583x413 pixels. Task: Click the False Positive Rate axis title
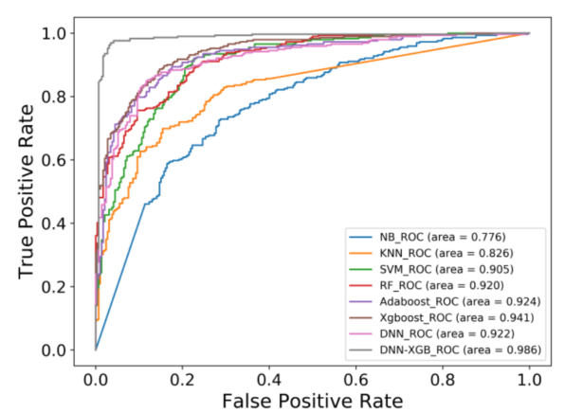pyautogui.click(x=312, y=401)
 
